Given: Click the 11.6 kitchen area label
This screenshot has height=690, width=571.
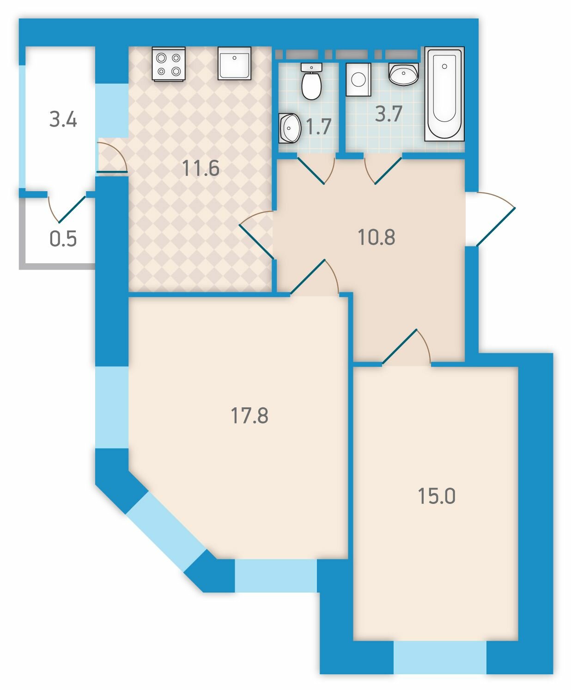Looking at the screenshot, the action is [x=200, y=168].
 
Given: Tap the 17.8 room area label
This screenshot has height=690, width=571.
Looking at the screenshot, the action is [x=249, y=415].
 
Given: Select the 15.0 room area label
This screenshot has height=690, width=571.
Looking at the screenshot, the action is [x=437, y=496].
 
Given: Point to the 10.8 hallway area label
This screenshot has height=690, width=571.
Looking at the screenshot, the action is [x=376, y=237].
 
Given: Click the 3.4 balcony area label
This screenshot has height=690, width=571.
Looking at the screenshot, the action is [x=63, y=119].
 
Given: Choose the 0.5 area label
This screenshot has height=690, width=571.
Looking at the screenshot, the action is [x=63, y=239].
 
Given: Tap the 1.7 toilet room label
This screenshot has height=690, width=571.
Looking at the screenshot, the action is [x=318, y=127].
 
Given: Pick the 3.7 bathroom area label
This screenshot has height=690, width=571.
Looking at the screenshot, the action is [x=389, y=114].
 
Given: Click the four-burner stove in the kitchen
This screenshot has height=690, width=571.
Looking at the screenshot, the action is [x=168, y=64].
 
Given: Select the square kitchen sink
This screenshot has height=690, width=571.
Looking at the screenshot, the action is [x=234, y=63].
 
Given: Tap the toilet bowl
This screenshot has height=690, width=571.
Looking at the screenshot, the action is [x=311, y=81].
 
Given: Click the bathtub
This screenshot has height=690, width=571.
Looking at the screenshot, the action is [x=444, y=94].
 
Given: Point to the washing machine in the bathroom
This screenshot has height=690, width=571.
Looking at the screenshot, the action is [x=358, y=79].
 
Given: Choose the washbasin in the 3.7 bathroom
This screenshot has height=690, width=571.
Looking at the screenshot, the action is [x=404, y=74].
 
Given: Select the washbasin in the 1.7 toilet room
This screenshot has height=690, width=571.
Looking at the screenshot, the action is [x=290, y=128].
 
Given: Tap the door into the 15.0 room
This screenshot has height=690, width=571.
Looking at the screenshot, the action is [x=407, y=347].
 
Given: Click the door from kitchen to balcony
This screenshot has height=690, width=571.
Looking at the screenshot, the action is [x=112, y=157].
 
